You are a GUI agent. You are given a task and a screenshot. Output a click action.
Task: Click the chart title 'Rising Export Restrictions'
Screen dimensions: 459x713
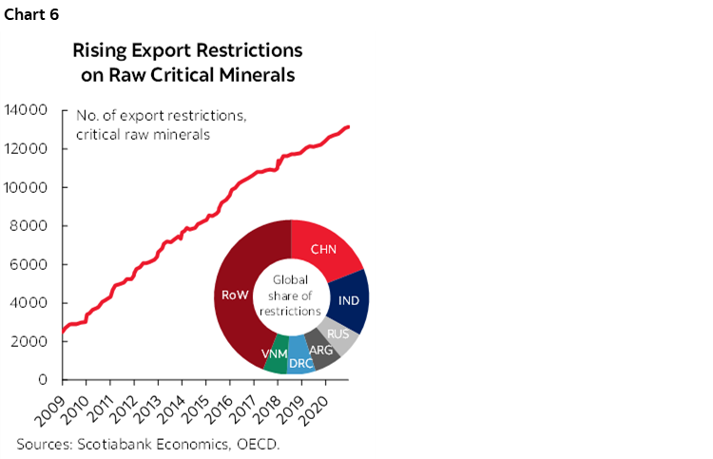187,49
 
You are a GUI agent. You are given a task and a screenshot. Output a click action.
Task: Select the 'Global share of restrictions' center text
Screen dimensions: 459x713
291,295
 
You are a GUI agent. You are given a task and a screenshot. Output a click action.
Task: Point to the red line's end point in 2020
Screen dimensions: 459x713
349,126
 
